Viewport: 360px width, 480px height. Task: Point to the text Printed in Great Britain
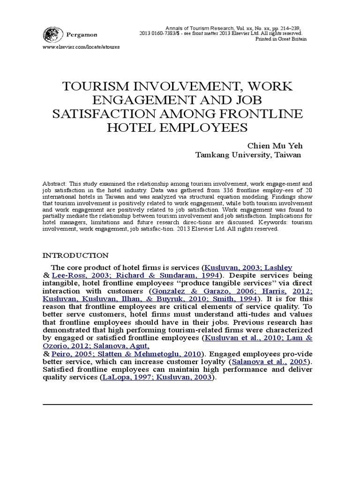pyautogui.click(x=281, y=39)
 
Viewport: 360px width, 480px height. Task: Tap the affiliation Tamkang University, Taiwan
pyautogui.click(x=248, y=155)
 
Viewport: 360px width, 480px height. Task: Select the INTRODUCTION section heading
pyautogui.click(x=75, y=255)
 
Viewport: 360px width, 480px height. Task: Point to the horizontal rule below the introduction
pyautogui.click(x=177, y=404)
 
